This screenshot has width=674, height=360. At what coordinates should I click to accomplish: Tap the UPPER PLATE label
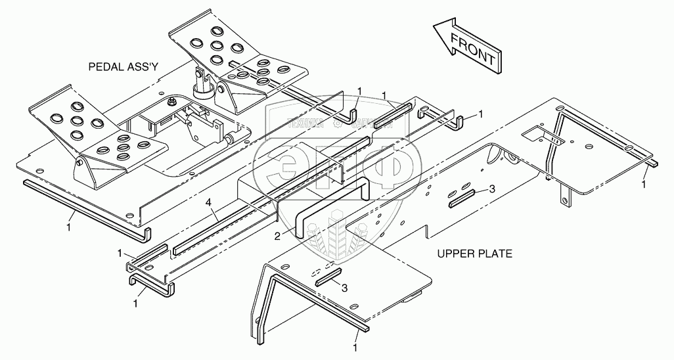click(x=474, y=253)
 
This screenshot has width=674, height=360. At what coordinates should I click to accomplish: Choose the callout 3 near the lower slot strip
click(x=344, y=287)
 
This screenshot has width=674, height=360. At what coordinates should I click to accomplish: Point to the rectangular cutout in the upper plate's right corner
click(x=543, y=137)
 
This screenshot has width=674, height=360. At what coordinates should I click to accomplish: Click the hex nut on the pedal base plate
click(x=171, y=101)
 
